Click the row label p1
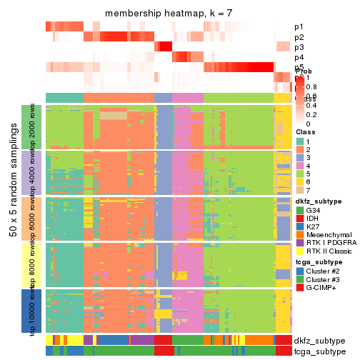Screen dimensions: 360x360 tap(299, 27)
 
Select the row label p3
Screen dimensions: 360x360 tap(299, 47)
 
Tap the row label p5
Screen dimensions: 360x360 tap(299, 67)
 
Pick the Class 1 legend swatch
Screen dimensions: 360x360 tap(299, 142)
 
